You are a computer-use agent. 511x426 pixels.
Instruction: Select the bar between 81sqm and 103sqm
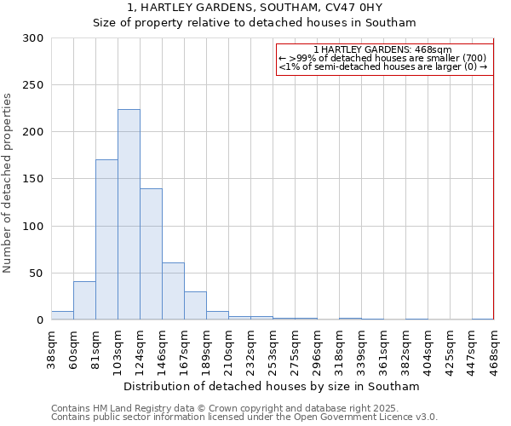pos(106,239)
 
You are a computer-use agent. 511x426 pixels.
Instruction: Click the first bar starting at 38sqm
pos(62,315)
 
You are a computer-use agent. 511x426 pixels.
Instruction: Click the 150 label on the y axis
pos(33,179)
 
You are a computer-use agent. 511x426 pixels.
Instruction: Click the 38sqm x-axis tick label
pos(51,349)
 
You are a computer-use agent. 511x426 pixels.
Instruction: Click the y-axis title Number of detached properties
pos(9,183)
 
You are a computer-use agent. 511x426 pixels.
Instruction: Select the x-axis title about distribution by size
pos(273,386)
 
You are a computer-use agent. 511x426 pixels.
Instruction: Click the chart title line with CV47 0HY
pos(255,8)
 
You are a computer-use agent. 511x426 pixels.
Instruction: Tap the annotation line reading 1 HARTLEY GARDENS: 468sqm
pos(382,50)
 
